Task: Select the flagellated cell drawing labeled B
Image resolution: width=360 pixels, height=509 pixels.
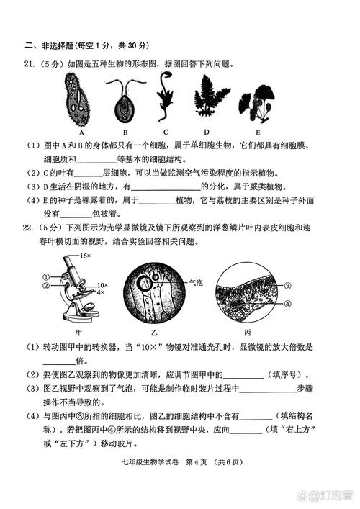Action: click(x=124, y=101)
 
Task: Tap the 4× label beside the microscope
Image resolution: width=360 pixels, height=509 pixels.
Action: click(x=100, y=293)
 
